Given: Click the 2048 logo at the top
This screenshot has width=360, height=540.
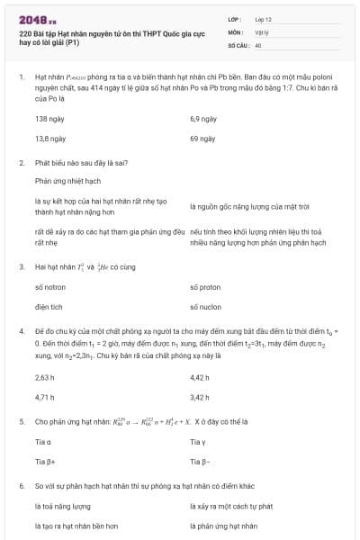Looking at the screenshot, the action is [x=37, y=17].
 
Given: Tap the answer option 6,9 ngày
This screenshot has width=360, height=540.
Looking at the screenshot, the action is [x=202, y=118].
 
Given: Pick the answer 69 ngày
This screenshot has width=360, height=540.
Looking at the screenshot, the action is [x=201, y=139].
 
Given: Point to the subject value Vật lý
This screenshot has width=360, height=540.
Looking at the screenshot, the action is [x=263, y=31].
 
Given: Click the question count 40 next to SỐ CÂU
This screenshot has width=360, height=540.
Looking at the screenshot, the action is [x=258, y=44].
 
